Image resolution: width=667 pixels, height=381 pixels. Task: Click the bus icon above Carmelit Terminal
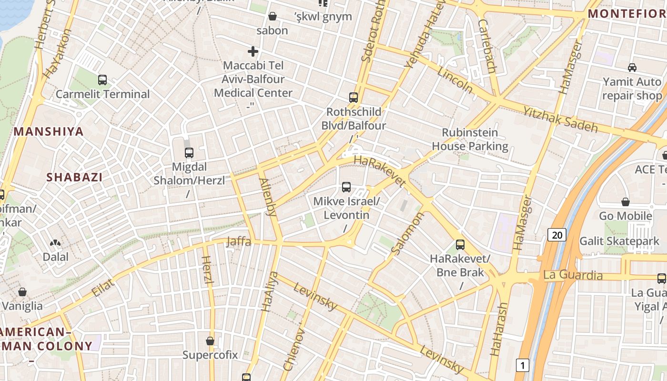pyautogui.click(x=102, y=80)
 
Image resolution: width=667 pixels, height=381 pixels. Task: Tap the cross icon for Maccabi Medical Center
pyautogui.click(x=253, y=51)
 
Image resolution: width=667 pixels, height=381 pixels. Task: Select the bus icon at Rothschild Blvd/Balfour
pyautogui.click(x=353, y=98)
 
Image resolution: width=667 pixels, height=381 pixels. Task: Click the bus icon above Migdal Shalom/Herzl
pyautogui.click(x=189, y=153)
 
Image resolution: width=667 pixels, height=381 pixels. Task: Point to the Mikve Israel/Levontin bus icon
pyautogui.click(x=346, y=187)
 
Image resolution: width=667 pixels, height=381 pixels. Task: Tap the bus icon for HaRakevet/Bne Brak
pyautogui.click(x=460, y=245)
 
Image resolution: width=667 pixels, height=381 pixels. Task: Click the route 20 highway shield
pyautogui.click(x=556, y=234)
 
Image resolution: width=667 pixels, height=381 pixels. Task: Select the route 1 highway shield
pyautogui.click(x=523, y=365)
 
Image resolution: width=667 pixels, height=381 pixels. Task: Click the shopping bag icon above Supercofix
pyautogui.click(x=210, y=341)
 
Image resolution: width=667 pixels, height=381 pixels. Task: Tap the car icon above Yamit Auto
pyautogui.click(x=632, y=68)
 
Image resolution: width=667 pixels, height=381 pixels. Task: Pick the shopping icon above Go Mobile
pyautogui.click(x=626, y=202)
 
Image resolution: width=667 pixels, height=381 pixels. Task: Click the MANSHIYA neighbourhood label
pyautogui.click(x=49, y=131)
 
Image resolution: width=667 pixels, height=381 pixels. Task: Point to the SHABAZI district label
pyautogui.click(x=74, y=177)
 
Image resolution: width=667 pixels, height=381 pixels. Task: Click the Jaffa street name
pyautogui.click(x=238, y=241)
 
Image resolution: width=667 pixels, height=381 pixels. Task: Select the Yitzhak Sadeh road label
pyautogui.click(x=561, y=119)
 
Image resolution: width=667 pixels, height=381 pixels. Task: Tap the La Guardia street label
pyautogui.click(x=573, y=275)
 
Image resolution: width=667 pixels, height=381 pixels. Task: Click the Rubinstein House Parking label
pyautogui.click(x=470, y=139)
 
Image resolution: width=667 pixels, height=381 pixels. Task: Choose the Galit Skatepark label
pyautogui.click(x=619, y=241)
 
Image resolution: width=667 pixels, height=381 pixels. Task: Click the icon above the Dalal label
pyautogui.click(x=56, y=243)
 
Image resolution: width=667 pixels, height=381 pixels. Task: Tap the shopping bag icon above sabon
pyautogui.click(x=273, y=17)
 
